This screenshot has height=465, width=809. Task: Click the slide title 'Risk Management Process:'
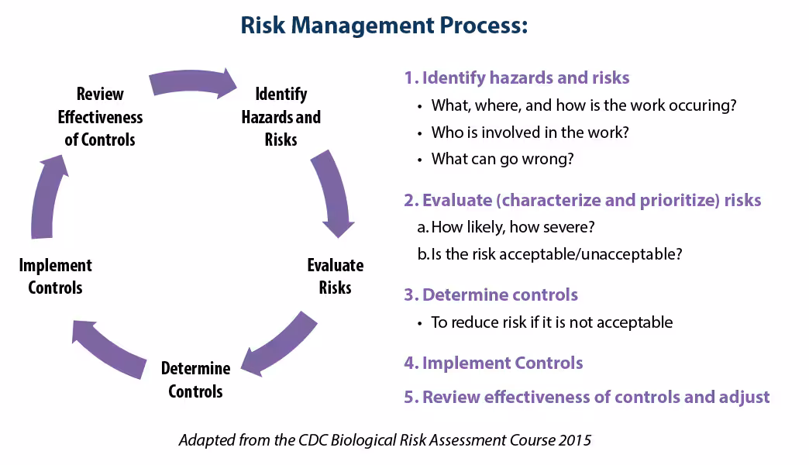point(384,26)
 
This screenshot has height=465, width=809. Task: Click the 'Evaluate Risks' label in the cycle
point(336,276)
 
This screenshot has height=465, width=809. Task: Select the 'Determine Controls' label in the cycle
point(195,379)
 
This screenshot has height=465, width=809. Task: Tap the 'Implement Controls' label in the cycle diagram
point(55,276)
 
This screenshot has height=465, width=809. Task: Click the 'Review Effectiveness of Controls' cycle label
point(100,116)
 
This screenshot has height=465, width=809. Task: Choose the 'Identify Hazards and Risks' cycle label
point(281,116)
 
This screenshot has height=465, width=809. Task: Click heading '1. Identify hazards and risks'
point(517,77)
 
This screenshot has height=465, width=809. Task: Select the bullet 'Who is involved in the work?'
point(530,132)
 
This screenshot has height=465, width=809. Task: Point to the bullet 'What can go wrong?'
point(503,159)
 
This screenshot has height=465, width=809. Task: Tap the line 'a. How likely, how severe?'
point(506,227)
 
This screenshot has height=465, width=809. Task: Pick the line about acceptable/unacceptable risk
point(550,254)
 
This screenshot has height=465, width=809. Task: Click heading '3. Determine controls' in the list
point(491,294)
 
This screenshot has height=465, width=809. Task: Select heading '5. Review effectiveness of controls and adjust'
point(587,397)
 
